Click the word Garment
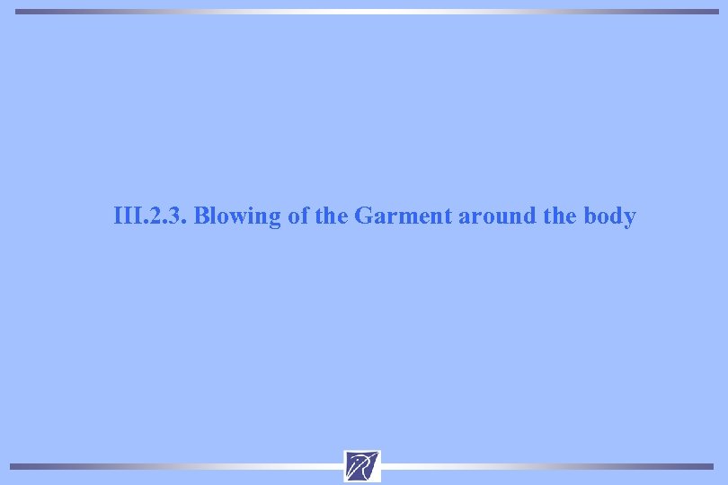404,216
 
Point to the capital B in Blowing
201,216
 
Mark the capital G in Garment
364,216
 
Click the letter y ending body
630,219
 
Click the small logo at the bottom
362,466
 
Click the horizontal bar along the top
364,12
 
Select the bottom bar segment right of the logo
548,466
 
